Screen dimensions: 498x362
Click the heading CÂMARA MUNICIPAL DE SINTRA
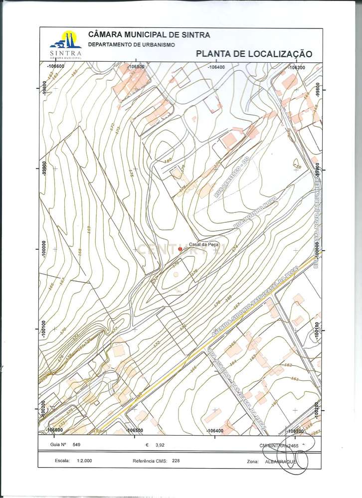pos(149,35)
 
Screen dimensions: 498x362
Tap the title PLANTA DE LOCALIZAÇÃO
pos(254,54)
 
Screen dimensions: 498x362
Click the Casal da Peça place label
pos(200,244)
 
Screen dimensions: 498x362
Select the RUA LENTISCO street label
pos(231,178)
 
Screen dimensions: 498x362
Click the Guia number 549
pos(76,444)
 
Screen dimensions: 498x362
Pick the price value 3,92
pos(160,444)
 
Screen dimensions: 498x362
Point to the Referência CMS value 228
pos(176,461)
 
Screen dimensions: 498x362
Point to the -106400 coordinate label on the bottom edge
pos(215,430)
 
